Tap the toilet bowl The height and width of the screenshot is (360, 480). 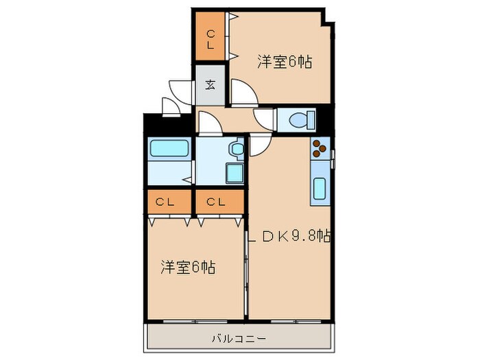tap(300, 121)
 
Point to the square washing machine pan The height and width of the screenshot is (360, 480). tap(235, 173)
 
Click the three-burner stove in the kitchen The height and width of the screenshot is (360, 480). tap(320, 150)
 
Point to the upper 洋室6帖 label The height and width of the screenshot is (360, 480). tap(285, 62)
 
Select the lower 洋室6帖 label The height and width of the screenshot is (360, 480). tap(188, 267)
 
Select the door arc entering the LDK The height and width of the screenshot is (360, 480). tap(260, 144)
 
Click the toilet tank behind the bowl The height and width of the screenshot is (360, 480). tap(312, 121)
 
